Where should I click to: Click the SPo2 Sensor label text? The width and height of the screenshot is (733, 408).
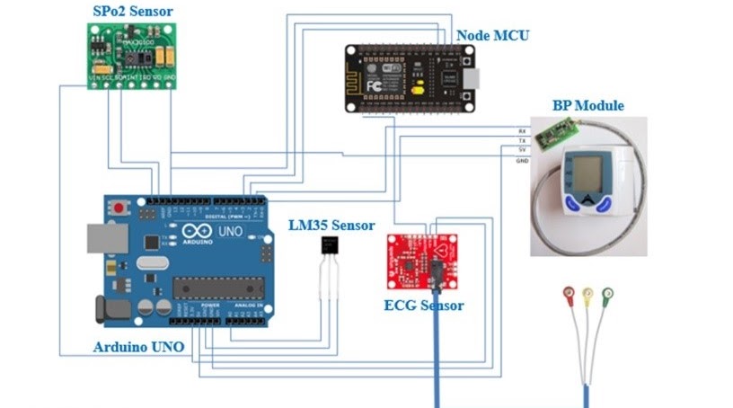[134, 11]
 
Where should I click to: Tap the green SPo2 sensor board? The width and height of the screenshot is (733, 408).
[133, 51]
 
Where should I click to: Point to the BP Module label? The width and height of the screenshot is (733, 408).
[587, 106]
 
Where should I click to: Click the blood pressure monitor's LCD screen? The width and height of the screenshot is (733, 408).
[586, 170]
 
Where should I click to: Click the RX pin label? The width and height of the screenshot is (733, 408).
[523, 131]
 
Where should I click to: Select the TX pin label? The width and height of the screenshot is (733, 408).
[523, 141]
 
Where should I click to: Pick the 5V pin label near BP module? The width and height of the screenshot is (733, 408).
[523, 150]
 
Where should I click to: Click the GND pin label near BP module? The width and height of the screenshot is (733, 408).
[523, 161]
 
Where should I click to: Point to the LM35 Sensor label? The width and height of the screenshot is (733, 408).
[331, 225]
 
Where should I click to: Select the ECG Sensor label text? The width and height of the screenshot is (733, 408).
[424, 306]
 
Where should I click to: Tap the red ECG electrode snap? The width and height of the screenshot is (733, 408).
[568, 293]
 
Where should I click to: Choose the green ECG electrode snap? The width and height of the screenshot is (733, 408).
[608, 293]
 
